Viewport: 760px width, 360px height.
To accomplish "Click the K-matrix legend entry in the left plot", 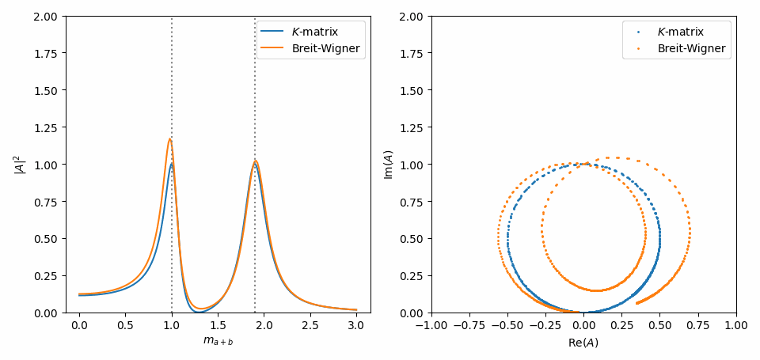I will tap(310, 32).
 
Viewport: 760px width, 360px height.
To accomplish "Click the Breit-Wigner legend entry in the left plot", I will tap(310, 48).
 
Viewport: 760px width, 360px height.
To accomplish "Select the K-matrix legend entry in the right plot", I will tap(681, 32).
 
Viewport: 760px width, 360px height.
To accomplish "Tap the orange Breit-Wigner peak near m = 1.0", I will tap(169, 139).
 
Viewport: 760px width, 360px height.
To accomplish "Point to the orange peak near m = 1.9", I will tap(255, 161).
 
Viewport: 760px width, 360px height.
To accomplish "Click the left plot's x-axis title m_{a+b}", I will tap(218, 342).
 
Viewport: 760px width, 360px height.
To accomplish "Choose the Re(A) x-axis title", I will tap(583, 342).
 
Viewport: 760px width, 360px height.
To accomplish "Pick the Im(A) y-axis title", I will tap(389, 164).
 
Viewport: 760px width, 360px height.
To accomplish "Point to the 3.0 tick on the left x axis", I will tap(357, 325).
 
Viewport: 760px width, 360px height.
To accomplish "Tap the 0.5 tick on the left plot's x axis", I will tap(125, 325).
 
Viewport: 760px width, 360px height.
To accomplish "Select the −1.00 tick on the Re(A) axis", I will tap(431, 325).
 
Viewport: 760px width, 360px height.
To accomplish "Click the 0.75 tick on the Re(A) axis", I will tap(698, 325).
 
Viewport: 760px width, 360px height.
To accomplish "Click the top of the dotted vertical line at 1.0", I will tap(172, 17).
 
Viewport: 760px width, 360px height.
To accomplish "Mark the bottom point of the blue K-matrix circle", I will tap(583, 312).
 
